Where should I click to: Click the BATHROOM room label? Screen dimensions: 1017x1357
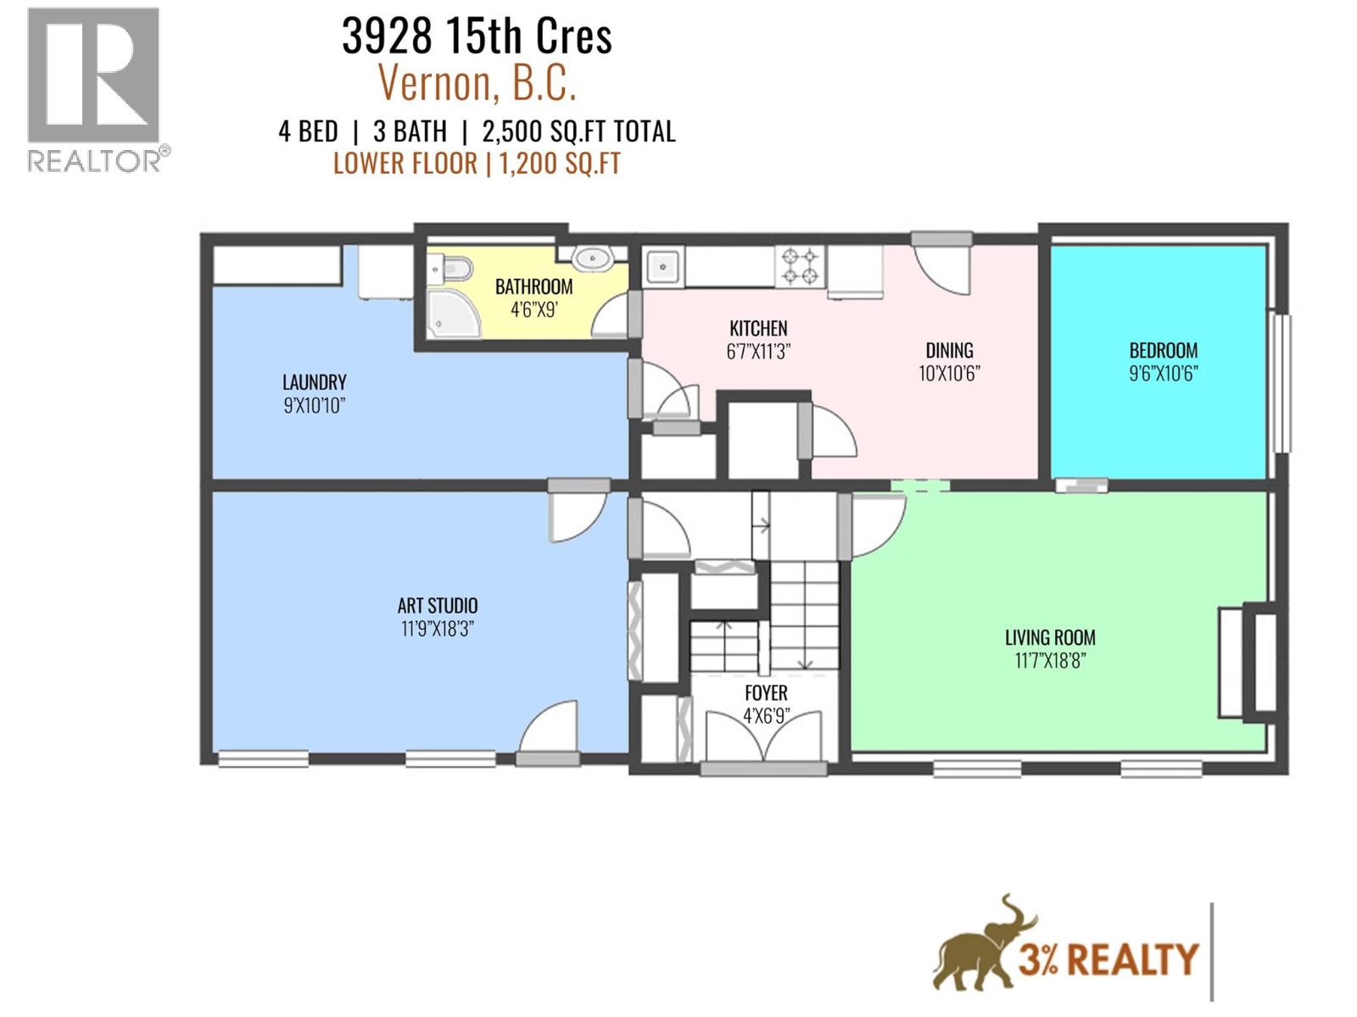point(533,286)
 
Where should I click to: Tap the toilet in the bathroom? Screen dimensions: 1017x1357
point(450,270)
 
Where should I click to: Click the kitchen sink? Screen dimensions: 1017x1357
point(662,268)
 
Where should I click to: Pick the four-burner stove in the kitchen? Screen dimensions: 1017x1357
point(800,266)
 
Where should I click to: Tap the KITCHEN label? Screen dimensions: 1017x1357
point(758,328)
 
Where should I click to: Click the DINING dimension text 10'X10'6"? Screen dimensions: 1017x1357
point(949,373)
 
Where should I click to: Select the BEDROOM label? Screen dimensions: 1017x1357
point(1163,350)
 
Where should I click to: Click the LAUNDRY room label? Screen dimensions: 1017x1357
point(314,382)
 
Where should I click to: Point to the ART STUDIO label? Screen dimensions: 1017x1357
point(437,606)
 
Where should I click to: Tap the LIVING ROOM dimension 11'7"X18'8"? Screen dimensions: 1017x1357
point(1050,660)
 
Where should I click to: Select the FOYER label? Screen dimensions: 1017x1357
point(766,693)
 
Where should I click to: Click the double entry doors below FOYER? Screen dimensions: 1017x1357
point(764,737)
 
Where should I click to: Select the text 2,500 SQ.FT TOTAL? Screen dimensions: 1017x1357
point(578,132)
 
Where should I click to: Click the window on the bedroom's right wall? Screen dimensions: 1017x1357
point(1282,383)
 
